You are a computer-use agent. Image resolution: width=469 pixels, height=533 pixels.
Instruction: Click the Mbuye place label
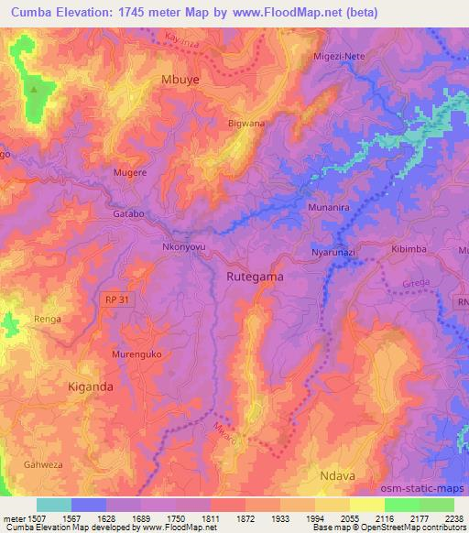click(x=180, y=80)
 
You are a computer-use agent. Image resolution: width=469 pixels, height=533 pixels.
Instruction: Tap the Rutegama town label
click(x=254, y=276)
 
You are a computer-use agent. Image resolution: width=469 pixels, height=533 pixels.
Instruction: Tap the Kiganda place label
click(x=91, y=387)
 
